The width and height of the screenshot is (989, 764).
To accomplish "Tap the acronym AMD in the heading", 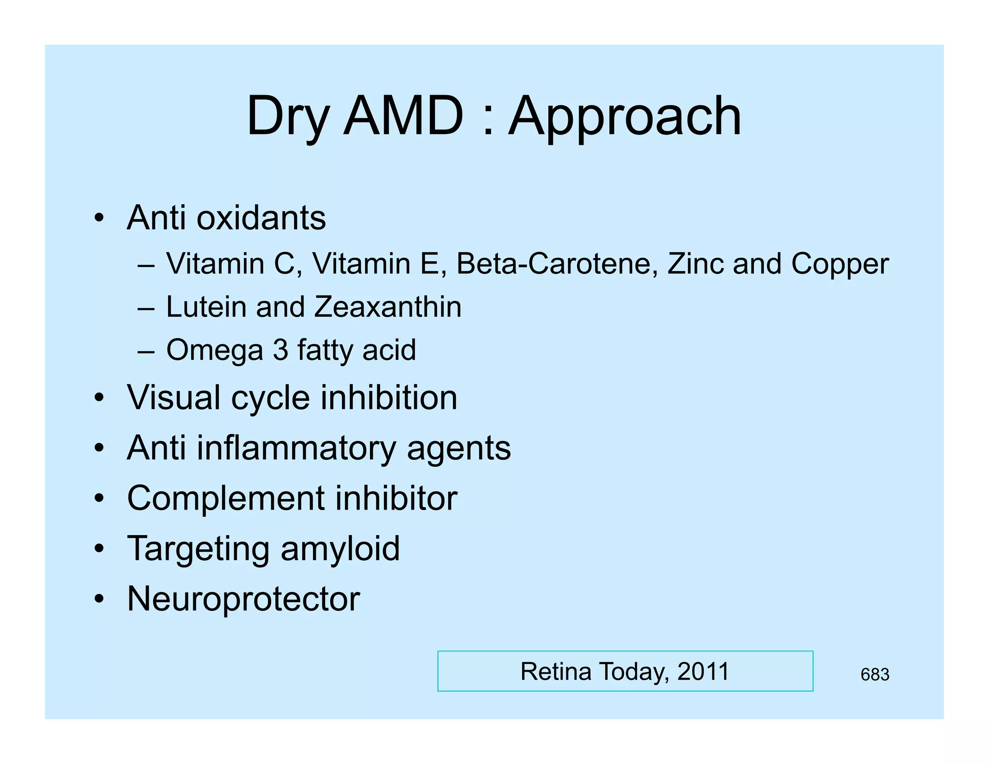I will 403,116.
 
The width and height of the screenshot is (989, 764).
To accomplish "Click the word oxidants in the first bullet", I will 261,218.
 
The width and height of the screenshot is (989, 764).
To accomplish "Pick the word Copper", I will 840,265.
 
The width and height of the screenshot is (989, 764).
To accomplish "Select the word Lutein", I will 206,307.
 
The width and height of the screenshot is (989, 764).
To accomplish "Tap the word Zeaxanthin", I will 388,307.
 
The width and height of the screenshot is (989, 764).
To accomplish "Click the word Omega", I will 214,350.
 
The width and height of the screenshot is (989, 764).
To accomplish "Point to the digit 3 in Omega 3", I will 281,350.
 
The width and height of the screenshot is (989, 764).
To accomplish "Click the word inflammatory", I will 297,448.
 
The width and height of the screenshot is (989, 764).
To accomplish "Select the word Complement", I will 226,498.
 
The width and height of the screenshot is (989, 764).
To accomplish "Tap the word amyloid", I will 340,549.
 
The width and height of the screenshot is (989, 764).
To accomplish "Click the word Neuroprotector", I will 243,599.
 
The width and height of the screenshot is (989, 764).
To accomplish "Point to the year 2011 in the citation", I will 703,671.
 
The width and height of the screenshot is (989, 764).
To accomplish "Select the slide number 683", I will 875,674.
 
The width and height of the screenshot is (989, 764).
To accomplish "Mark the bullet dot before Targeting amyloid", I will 99,549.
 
